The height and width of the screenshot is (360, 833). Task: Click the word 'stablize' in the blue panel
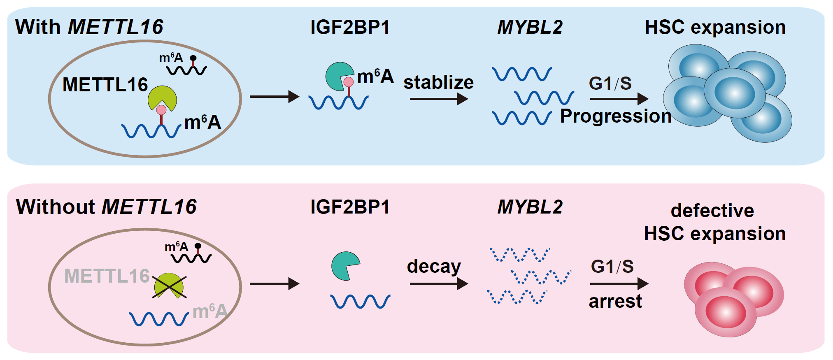[438, 82]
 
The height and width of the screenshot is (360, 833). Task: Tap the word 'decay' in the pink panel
[434, 267]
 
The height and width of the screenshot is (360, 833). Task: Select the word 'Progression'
[616, 116]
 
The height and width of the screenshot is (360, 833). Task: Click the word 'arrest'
[615, 302]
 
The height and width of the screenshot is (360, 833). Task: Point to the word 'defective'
[712, 211]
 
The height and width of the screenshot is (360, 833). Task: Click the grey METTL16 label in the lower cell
[107, 276]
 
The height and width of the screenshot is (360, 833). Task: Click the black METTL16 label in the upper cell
[105, 85]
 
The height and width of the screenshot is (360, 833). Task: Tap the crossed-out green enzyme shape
[170, 286]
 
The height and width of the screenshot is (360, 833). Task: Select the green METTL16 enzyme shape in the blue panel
[163, 98]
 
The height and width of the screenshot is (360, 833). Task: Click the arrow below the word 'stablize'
[439, 99]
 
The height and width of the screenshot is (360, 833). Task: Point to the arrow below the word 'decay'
[439, 283]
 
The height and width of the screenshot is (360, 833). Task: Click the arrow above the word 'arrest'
[619, 283]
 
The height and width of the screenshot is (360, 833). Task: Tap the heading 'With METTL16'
[89, 27]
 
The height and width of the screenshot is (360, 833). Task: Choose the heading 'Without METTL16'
[106, 207]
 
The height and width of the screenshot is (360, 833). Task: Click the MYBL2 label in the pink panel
[530, 207]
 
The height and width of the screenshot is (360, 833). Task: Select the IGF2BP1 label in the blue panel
[350, 27]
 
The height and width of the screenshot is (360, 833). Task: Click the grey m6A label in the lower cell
[210, 311]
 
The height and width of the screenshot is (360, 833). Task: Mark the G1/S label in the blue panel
[610, 84]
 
